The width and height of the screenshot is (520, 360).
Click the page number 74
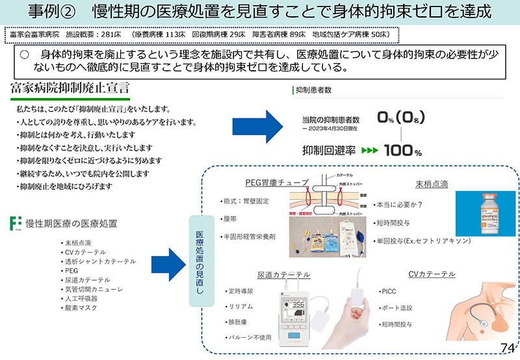[x=507, y=348]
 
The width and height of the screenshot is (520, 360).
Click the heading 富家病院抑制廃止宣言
[x=70, y=87]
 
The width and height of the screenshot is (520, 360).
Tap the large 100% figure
[x=402, y=150]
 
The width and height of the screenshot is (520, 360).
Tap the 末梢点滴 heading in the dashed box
[x=432, y=185]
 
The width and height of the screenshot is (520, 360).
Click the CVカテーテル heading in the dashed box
[x=432, y=274]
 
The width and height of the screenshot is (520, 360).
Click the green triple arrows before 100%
[x=369, y=151]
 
